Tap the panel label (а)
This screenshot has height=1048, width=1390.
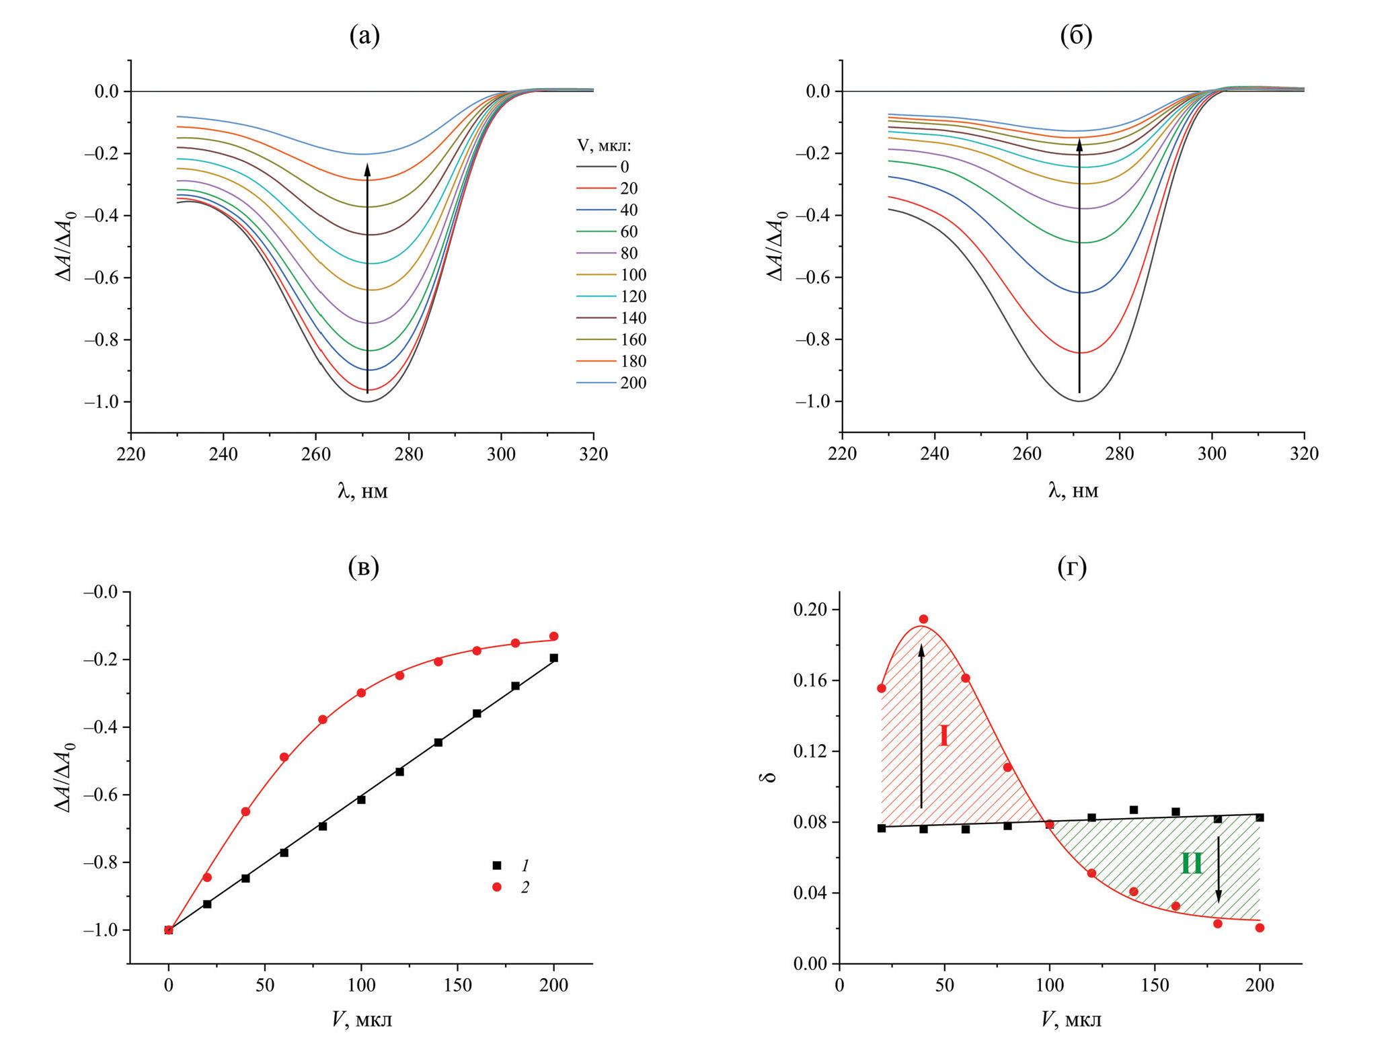[364, 36]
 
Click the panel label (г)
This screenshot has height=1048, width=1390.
[1072, 567]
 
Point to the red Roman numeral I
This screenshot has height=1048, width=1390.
[944, 736]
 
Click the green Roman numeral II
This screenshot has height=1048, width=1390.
[1192, 863]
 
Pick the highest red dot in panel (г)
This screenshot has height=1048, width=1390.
[923, 619]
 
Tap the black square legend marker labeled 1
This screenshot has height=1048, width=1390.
[497, 866]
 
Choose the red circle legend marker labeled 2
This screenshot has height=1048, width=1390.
[497, 887]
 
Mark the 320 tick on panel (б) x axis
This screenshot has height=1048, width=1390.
[1304, 454]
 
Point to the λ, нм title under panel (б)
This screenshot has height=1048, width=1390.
[1073, 491]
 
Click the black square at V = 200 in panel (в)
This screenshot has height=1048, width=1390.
[553, 658]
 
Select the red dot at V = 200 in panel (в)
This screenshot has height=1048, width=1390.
[553, 636]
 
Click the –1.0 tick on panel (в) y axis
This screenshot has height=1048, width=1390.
[100, 930]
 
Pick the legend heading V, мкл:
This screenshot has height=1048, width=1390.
[604, 146]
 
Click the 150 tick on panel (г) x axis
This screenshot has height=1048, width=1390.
[1155, 985]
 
